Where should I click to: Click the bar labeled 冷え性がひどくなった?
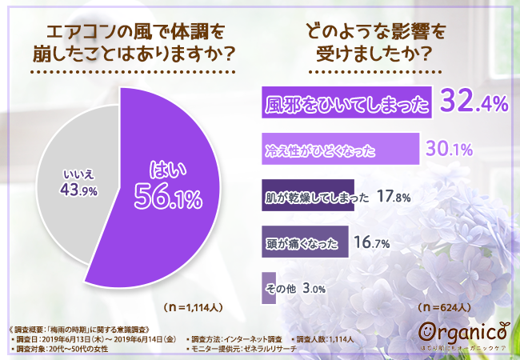pyautogui.click(x=341, y=149)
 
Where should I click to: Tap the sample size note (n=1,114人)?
pyautogui.click(x=195, y=307)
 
